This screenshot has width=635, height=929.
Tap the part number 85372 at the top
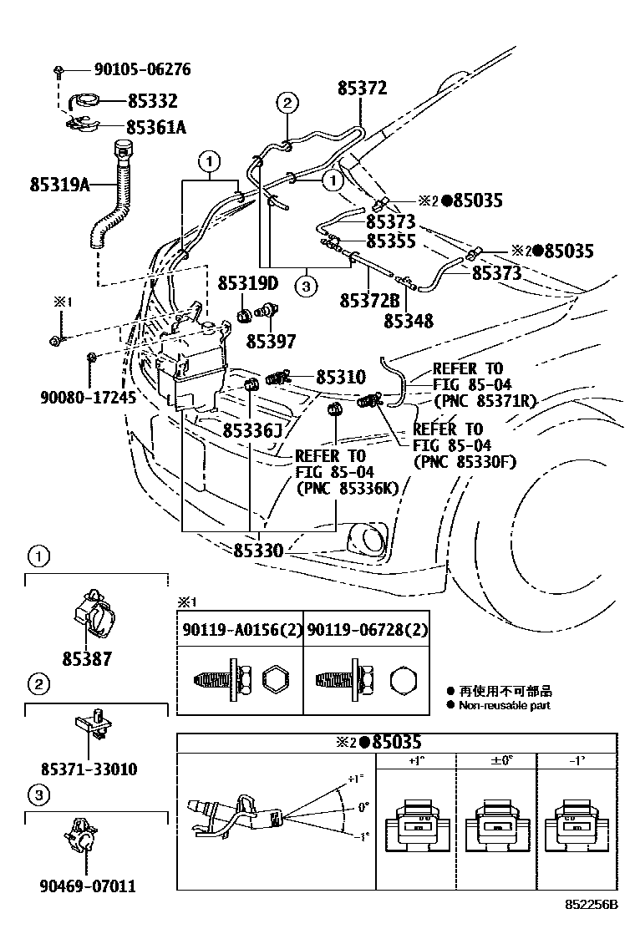[362, 88]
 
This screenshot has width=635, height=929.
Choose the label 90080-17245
[87, 398]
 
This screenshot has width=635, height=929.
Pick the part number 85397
[271, 341]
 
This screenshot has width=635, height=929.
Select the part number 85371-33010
[89, 769]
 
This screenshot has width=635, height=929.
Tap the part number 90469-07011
[87, 886]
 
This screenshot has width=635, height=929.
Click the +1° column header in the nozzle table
[416, 761]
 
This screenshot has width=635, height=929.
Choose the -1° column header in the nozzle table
[577, 761]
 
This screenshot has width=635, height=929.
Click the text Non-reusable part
[504, 706]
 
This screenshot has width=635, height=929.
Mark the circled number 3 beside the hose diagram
[307, 286]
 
